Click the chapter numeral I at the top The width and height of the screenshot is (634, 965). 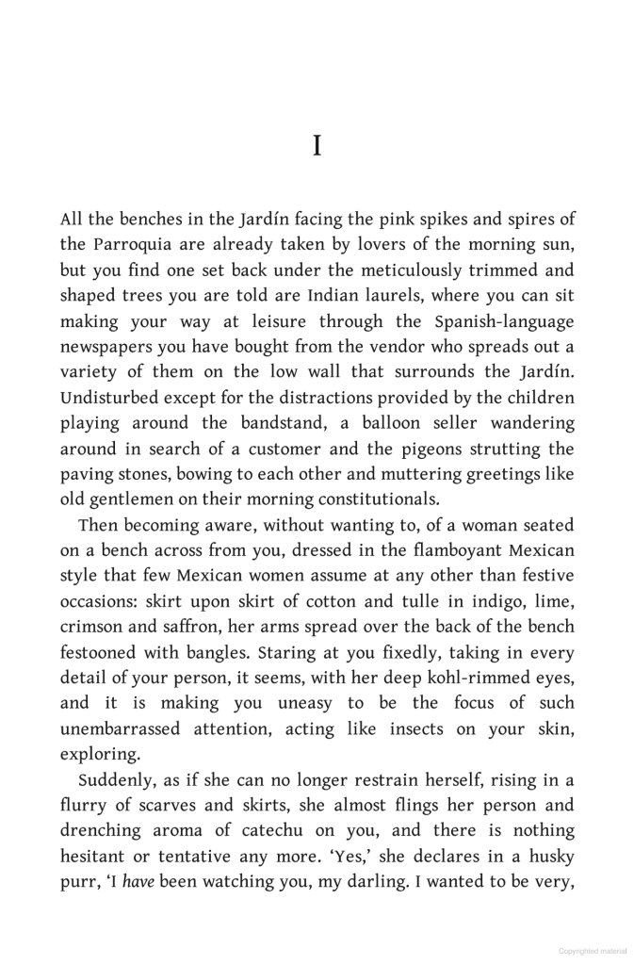(x=317, y=147)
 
